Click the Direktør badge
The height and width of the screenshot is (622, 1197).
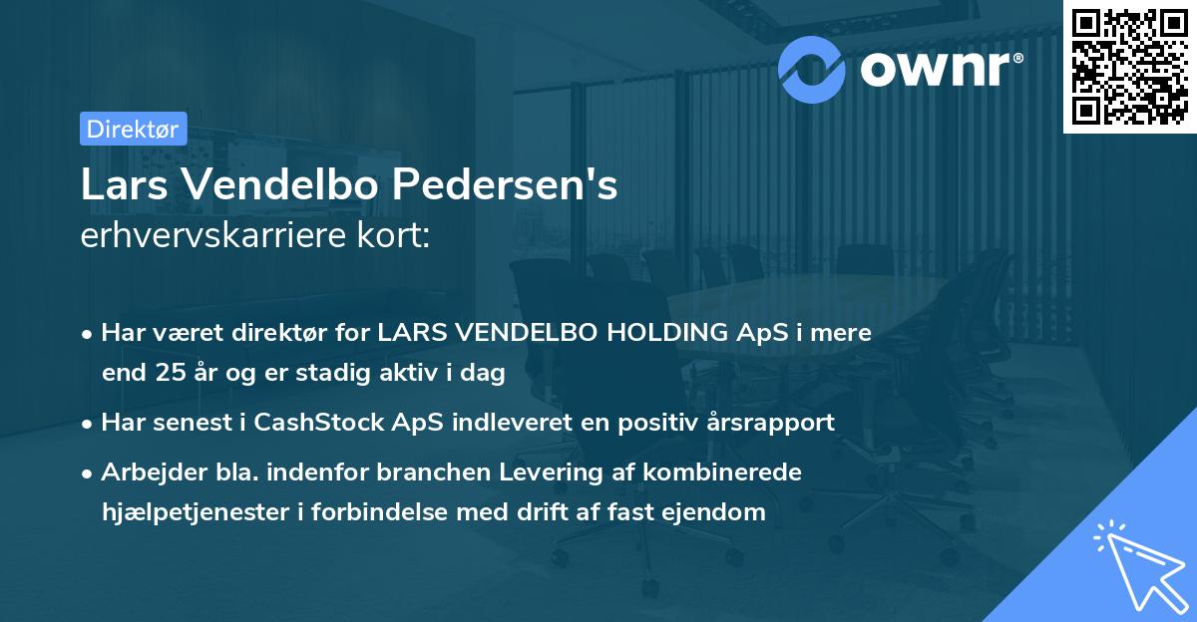[x=133, y=129]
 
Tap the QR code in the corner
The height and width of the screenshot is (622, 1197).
[x=1129, y=67]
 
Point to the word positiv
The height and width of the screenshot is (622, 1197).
[x=659, y=423]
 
